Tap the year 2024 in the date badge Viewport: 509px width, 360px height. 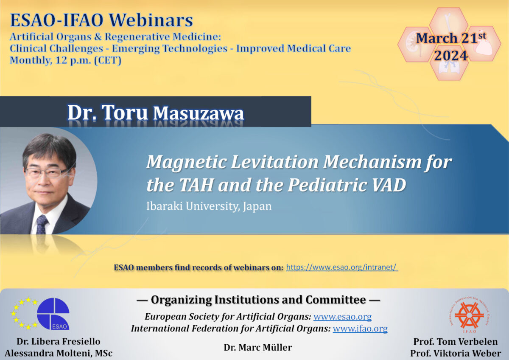point(450,56)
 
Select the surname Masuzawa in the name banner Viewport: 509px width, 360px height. point(198,113)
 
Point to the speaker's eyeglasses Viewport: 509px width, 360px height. point(47,172)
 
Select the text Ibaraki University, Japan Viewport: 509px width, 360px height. point(209,207)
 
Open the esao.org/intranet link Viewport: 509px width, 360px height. point(342,267)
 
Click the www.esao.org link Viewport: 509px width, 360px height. point(342,317)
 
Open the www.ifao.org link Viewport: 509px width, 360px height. point(360,329)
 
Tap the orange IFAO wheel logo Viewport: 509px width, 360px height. point(469,315)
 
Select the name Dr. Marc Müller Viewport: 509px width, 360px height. point(258,347)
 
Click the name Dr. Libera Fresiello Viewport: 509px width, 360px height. point(58,342)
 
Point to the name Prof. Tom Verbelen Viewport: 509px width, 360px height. point(455,342)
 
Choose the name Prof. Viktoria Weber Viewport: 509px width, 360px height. point(455,353)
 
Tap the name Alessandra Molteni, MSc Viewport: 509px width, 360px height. point(58,353)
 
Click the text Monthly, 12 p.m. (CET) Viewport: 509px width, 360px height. point(65,60)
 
